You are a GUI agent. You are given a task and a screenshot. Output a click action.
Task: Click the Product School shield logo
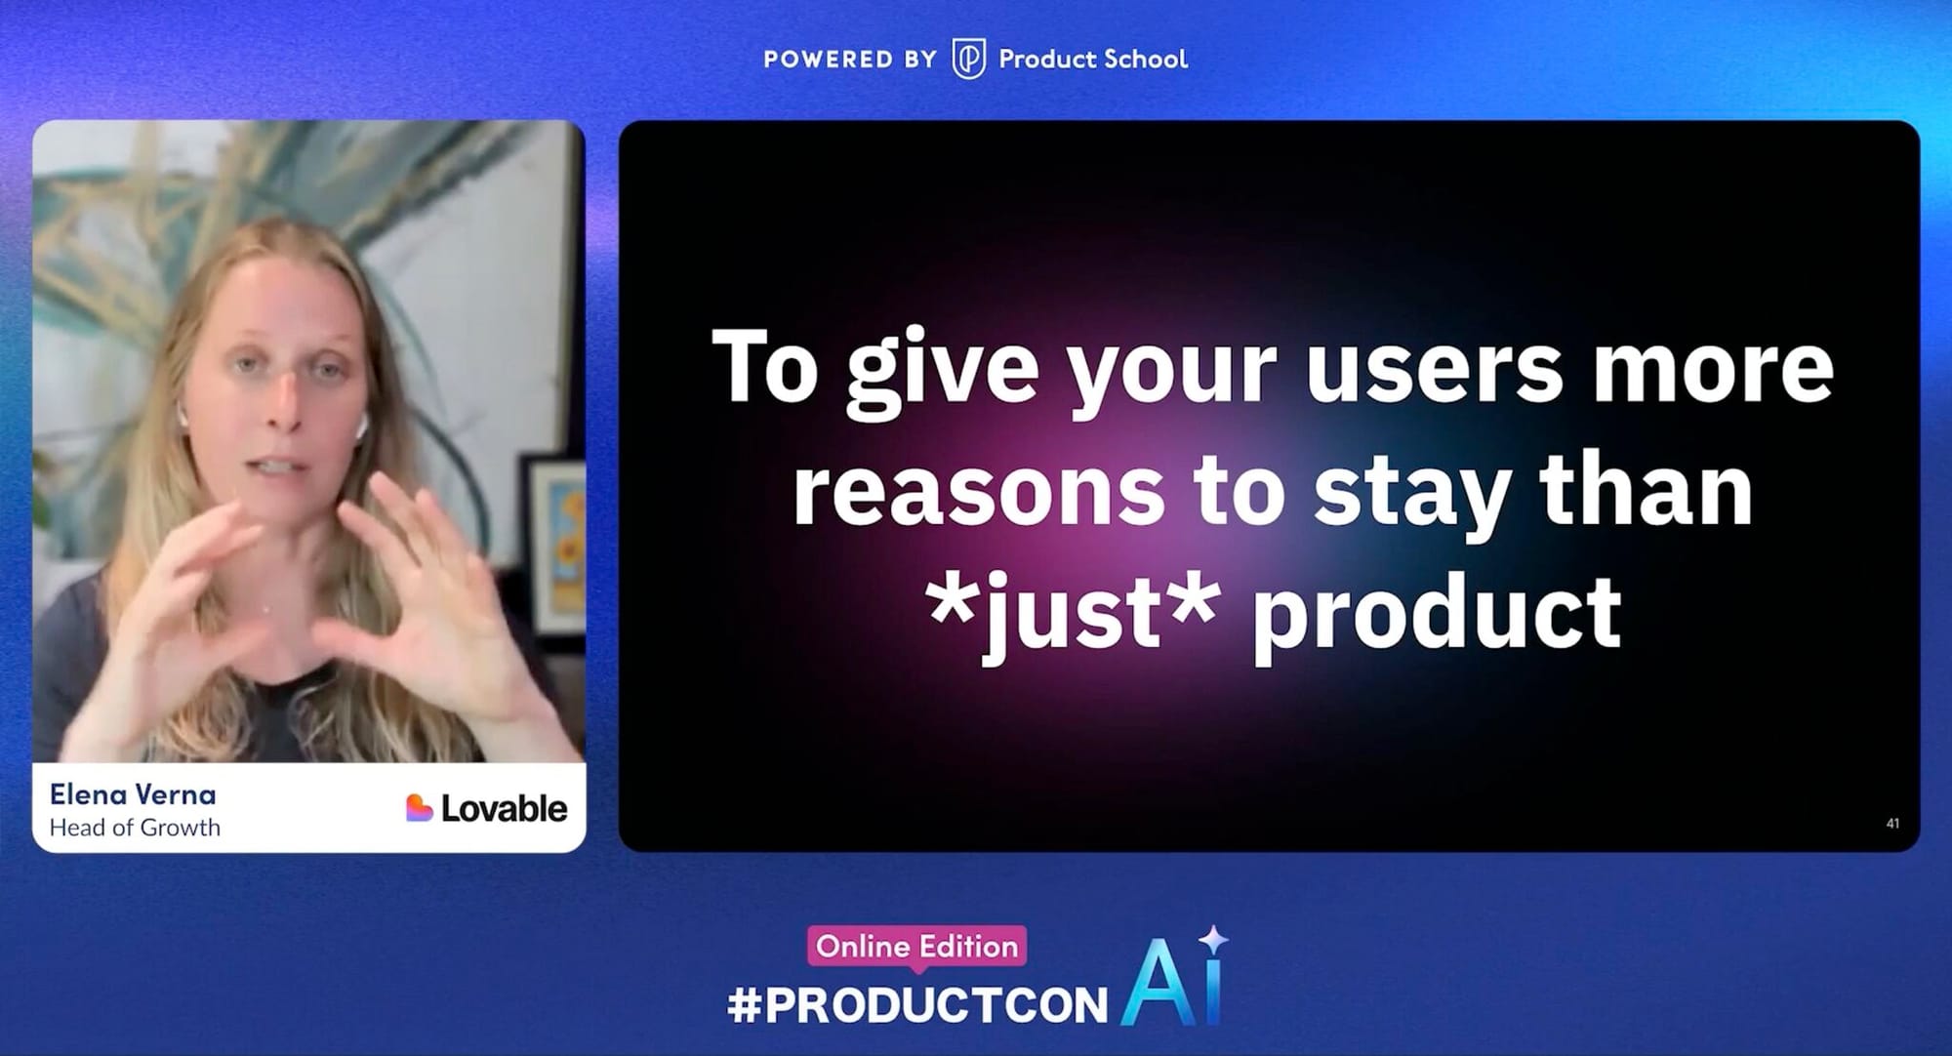coord(968,59)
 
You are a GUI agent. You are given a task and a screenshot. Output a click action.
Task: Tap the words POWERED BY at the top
coord(850,60)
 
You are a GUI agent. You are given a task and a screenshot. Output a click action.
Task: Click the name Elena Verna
coord(133,794)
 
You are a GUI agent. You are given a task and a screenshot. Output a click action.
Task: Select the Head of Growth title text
coord(135,828)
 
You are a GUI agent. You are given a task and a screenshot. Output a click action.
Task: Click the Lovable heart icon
coord(419,808)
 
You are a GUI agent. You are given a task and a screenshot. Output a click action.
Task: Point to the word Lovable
coord(504,808)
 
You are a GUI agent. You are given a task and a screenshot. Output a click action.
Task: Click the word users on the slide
coord(1435,368)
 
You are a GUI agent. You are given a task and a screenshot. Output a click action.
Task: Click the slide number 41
coord(1892,824)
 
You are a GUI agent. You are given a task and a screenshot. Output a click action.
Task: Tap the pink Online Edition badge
coord(916,947)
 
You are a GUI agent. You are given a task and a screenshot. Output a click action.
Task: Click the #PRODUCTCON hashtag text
coord(917,1005)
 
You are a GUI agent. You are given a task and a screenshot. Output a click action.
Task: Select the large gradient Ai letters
coord(1171,984)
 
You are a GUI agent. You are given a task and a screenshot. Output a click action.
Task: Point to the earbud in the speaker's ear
coord(360,425)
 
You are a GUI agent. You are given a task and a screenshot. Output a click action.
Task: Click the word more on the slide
coord(1713,368)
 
